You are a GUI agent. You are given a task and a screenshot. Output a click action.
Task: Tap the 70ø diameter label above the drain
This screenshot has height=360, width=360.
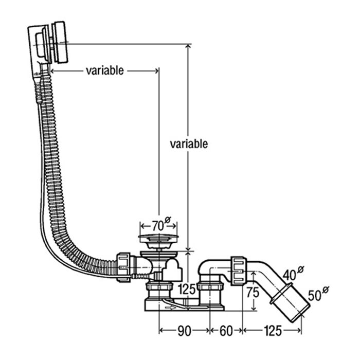[157, 225]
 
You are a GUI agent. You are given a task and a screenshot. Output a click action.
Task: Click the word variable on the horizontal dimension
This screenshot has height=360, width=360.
[105, 70]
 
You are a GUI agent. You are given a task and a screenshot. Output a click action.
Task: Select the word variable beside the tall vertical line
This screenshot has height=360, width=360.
[189, 143]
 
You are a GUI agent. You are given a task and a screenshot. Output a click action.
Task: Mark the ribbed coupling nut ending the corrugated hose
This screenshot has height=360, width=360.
[124, 266]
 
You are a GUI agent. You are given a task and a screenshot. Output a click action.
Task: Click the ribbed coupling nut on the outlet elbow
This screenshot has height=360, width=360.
[239, 269]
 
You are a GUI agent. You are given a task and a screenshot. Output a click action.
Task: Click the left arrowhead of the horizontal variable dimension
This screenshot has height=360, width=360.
[53, 70]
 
